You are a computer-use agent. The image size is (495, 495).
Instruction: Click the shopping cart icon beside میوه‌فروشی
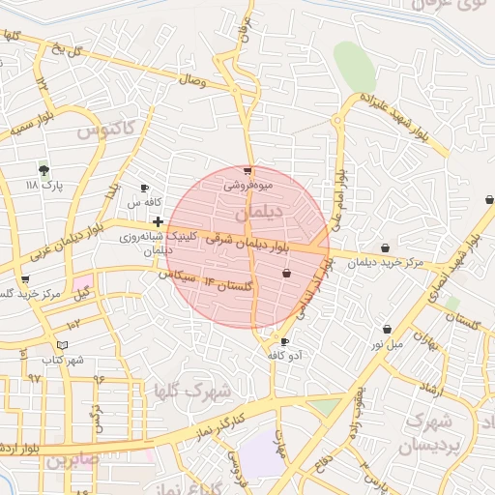click(247, 171)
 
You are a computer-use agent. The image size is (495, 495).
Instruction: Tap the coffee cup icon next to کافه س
click(144, 189)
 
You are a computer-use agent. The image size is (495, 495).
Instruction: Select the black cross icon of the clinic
click(158, 221)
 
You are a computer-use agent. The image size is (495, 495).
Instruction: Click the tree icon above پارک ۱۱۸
click(44, 168)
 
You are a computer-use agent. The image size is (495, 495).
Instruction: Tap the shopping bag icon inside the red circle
click(286, 274)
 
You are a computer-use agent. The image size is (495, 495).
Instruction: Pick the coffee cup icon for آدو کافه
click(284, 342)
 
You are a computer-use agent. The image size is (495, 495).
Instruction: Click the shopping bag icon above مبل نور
click(387, 329)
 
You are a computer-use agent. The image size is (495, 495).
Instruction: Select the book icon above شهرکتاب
click(63, 345)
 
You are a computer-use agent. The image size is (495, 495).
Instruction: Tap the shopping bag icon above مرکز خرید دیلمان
click(387, 247)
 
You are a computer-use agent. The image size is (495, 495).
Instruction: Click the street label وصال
click(191, 82)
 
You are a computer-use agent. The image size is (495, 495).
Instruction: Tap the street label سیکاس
click(184, 277)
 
